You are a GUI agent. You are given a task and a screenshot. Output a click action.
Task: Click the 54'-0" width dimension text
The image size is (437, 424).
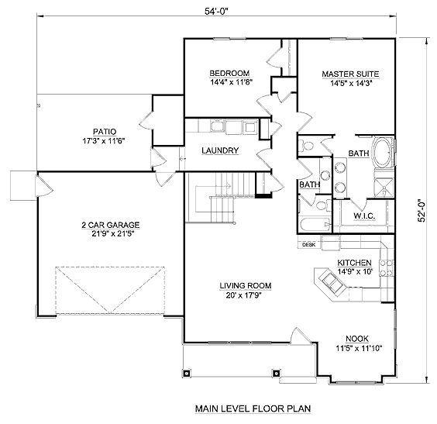pos(216,12)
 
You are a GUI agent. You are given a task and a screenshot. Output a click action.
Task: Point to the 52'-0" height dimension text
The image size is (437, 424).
pos(422,210)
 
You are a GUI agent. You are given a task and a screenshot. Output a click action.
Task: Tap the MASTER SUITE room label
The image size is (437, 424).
pos(350,74)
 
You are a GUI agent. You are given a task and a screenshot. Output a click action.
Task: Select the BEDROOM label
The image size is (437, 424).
pos(229,74)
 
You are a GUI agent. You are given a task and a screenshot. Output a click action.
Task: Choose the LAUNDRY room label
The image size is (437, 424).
pos(220,150)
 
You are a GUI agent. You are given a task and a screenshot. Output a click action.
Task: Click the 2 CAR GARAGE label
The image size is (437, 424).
pos(111,225)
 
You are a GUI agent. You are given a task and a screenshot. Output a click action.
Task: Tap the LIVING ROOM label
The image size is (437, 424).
pos(246,286)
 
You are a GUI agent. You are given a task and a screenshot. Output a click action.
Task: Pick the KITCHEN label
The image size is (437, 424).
pos(354,263)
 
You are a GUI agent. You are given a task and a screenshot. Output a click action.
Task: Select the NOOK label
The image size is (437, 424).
pos(357,339)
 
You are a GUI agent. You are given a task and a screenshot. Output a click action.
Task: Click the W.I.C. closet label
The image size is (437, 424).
pos(364,215)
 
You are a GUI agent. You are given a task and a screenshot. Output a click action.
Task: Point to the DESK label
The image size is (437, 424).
pos(309,245)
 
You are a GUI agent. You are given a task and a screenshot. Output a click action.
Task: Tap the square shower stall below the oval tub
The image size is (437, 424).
pos(384,188)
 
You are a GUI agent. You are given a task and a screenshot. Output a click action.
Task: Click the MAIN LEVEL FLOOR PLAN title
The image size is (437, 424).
pos(253,408)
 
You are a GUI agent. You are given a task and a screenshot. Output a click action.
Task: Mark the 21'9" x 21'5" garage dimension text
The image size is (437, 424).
pos(112,233)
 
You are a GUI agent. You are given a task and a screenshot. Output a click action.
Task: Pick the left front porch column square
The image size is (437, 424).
pos(187,373)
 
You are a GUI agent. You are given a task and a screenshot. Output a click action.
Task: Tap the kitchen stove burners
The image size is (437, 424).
pos(387,267)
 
